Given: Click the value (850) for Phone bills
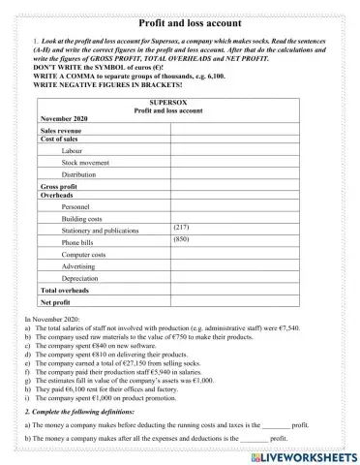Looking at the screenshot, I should pyautogui.click(x=181, y=238).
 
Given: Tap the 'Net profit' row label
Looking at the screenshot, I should pyautogui.click(x=56, y=302).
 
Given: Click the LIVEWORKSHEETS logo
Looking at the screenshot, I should pyautogui.click(x=303, y=454).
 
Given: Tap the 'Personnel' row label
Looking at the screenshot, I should pyautogui.click(x=77, y=207).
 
